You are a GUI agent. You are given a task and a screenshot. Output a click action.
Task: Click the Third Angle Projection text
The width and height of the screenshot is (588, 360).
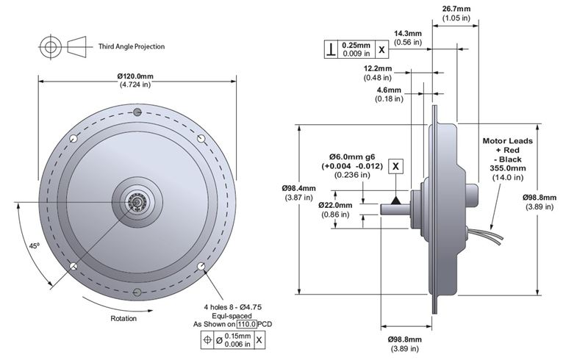(x=132, y=46)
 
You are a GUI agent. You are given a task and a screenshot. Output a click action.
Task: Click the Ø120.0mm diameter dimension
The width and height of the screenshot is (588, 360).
(x=135, y=76)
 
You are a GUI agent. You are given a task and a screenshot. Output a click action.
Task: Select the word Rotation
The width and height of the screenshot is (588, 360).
(x=124, y=319)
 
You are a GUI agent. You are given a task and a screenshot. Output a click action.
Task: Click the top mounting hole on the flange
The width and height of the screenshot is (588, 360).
(x=137, y=112)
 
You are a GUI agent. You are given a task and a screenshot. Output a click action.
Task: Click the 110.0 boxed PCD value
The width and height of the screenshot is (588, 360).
(x=246, y=323)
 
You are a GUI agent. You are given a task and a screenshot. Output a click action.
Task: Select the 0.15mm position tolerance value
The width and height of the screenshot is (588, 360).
(x=237, y=336)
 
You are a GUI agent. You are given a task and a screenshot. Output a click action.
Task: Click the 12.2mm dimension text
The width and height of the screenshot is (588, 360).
(x=378, y=68)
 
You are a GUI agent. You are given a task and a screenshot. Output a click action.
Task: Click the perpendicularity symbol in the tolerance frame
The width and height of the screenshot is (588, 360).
(x=333, y=49)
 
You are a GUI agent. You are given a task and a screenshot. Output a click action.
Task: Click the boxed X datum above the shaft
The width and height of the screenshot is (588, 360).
(x=396, y=166)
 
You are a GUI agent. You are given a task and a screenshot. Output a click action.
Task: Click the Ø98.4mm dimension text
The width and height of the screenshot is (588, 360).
(x=298, y=188)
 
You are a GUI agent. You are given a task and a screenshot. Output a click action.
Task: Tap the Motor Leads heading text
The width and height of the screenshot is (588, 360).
(x=507, y=140)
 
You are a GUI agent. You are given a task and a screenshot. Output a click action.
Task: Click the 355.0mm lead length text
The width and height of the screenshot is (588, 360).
(x=507, y=168)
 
